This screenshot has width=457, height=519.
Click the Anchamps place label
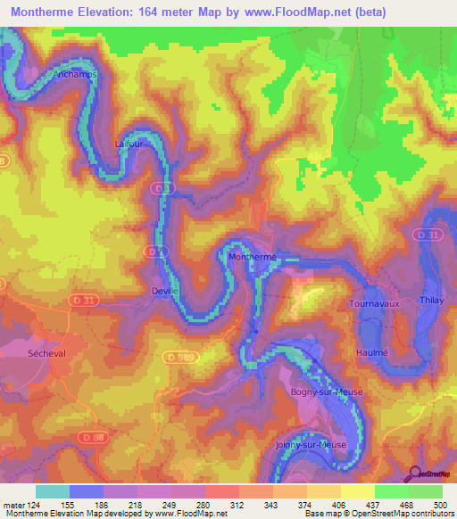coord(74,75)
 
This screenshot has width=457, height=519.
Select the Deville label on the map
coord(166,291)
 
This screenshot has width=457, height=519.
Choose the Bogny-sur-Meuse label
coord(319,391)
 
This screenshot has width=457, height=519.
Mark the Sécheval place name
coord(35,353)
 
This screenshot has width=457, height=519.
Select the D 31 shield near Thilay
coord(429,235)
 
